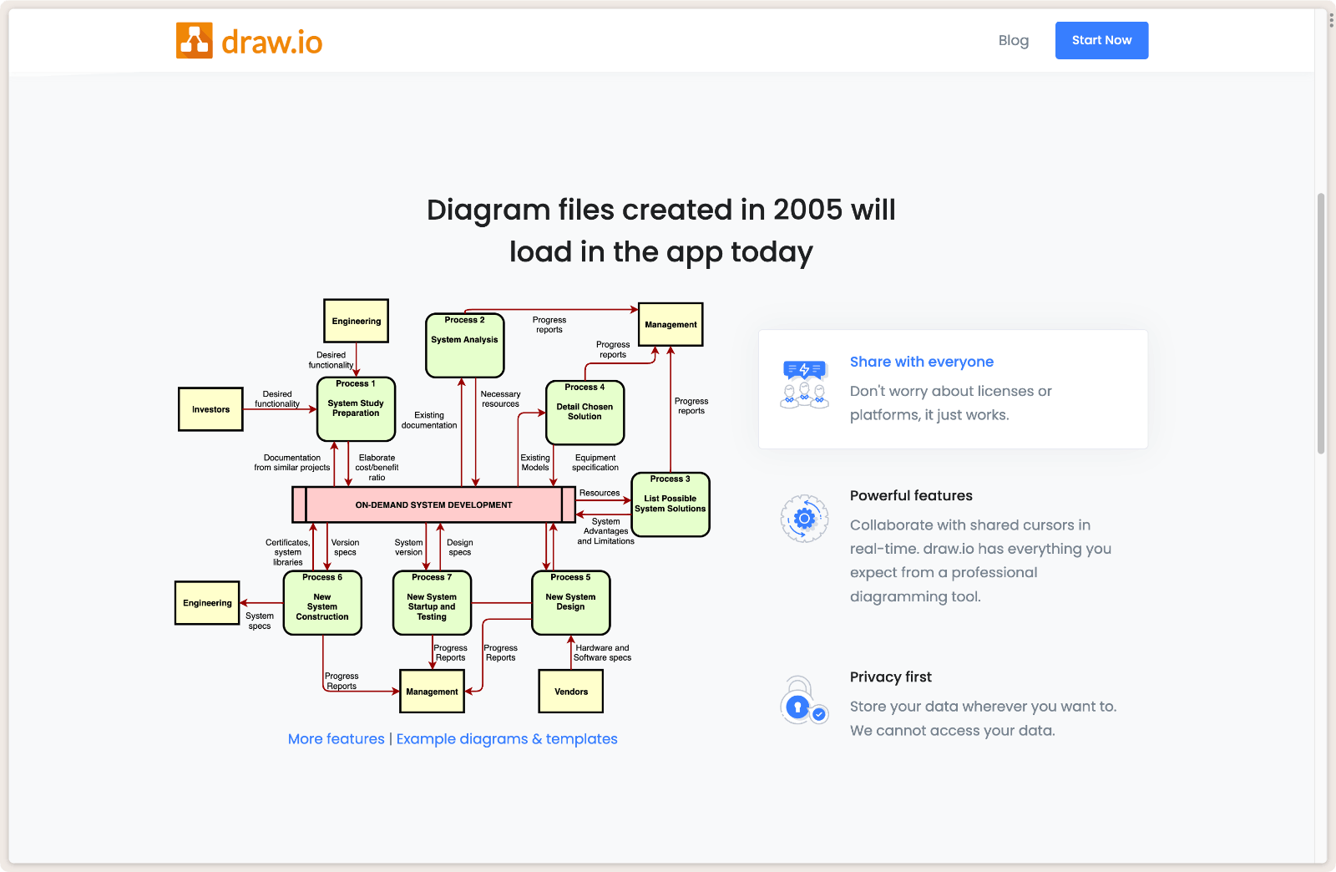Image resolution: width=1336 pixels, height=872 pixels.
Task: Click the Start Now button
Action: click(x=1101, y=41)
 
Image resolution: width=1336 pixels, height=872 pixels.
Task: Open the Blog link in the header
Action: click(x=1014, y=41)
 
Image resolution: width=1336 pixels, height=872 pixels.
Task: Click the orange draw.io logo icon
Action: click(x=194, y=41)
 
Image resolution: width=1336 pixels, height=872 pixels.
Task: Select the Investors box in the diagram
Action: click(x=210, y=409)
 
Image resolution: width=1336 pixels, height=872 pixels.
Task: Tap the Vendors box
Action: click(x=571, y=692)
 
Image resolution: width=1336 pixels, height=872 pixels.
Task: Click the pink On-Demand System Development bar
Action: click(x=433, y=504)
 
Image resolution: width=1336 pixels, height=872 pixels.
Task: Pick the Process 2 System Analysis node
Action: click(x=464, y=345)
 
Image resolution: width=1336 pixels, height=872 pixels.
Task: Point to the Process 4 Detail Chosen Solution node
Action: click(x=584, y=413)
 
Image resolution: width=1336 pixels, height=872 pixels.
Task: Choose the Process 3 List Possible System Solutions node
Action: click(x=671, y=504)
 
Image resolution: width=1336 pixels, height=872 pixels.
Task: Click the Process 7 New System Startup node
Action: click(x=432, y=603)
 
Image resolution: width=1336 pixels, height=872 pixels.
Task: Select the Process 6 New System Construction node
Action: click(x=322, y=603)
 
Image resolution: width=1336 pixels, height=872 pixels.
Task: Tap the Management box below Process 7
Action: click(x=432, y=692)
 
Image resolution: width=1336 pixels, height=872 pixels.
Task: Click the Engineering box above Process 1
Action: click(x=356, y=321)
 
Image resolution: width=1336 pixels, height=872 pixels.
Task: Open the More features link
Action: click(x=336, y=739)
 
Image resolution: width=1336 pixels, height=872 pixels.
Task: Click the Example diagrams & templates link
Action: click(x=507, y=739)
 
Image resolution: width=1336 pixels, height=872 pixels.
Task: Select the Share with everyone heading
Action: click(x=922, y=362)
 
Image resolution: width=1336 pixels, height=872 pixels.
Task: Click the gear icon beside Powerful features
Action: click(x=804, y=519)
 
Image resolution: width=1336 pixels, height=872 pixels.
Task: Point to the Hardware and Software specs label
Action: click(x=602, y=652)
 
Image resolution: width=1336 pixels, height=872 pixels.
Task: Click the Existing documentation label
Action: click(x=429, y=420)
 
